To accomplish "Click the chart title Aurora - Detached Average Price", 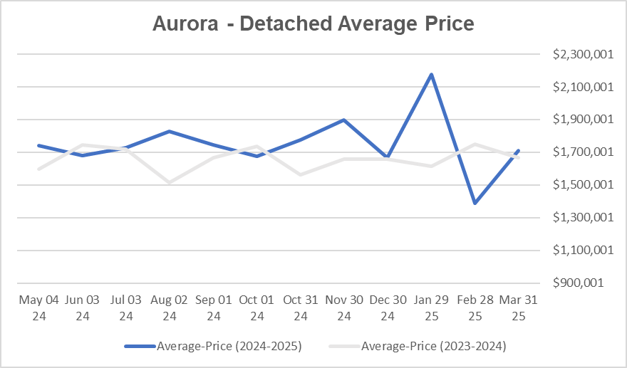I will (x=313, y=23).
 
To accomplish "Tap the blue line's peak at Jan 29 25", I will (x=431, y=74).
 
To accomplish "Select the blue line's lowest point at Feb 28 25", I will (x=475, y=203).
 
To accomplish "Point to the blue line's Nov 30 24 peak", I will (x=344, y=120).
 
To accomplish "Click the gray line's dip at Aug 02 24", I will (x=170, y=182).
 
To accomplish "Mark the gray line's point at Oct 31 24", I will (x=301, y=174).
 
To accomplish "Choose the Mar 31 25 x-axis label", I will (x=518, y=307).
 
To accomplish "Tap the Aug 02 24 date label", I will (x=170, y=307).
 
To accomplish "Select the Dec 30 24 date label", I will (x=388, y=307).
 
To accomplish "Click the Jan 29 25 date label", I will (x=431, y=307).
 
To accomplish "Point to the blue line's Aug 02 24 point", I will (x=170, y=131).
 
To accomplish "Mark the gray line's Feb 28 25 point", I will (x=475, y=144).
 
